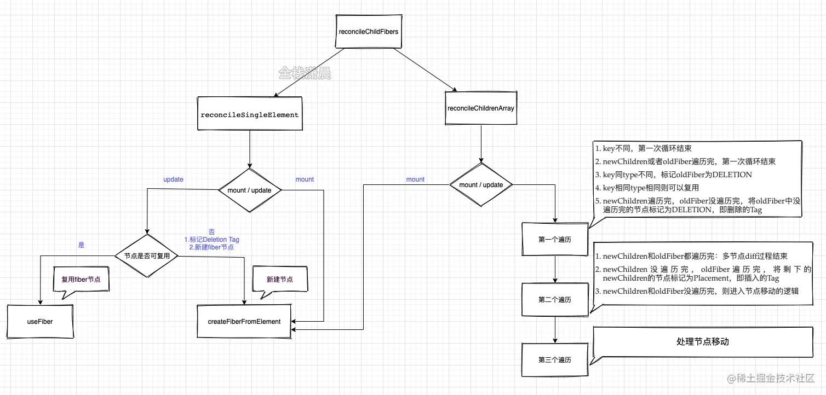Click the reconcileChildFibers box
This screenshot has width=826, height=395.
click(x=369, y=32)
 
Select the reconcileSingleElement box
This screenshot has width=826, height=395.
click(x=250, y=115)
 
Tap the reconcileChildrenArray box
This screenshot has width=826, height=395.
click(x=480, y=108)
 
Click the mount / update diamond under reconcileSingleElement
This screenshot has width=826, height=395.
click(x=250, y=190)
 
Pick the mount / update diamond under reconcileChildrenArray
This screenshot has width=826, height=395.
click(x=480, y=185)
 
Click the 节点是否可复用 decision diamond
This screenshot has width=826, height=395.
click(x=147, y=255)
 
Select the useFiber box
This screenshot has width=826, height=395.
click(x=40, y=322)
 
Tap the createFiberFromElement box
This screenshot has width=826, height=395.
click(x=244, y=322)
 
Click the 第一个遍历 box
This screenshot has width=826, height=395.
click(x=555, y=240)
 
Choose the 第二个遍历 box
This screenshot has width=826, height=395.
click(x=555, y=300)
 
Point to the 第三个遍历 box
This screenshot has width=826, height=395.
click(x=555, y=360)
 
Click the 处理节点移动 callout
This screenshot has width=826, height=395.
click(x=702, y=342)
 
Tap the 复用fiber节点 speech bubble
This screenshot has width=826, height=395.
click(x=81, y=279)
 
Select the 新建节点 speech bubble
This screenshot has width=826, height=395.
click(x=279, y=279)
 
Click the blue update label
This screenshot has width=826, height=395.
click(x=173, y=179)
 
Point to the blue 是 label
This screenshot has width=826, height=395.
click(x=81, y=245)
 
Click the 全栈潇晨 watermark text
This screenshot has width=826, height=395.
click(x=305, y=73)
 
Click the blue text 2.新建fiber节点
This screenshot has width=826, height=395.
click(x=211, y=247)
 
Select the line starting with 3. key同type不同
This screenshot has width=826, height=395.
click(x=674, y=175)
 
